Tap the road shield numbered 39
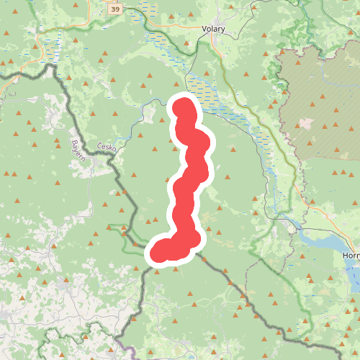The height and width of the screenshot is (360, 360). tap(115, 10)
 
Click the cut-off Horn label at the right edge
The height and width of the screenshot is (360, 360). tap(351, 256)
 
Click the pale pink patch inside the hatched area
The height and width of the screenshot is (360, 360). tap(307, 123)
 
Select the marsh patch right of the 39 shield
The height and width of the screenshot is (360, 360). tap(147, 9)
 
